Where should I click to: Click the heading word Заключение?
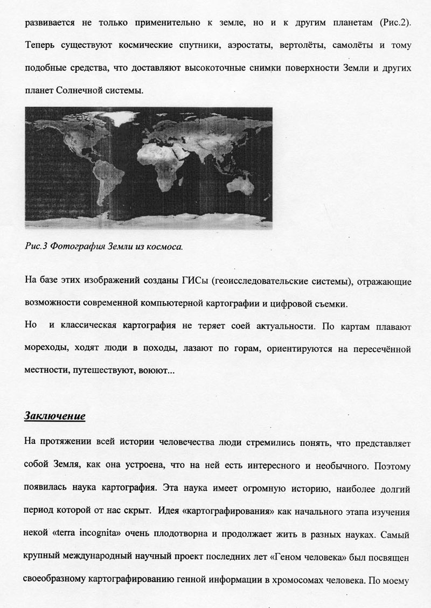(x=55, y=416)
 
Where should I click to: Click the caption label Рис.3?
(x=37, y=247)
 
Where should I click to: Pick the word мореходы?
(x=47, y=349)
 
